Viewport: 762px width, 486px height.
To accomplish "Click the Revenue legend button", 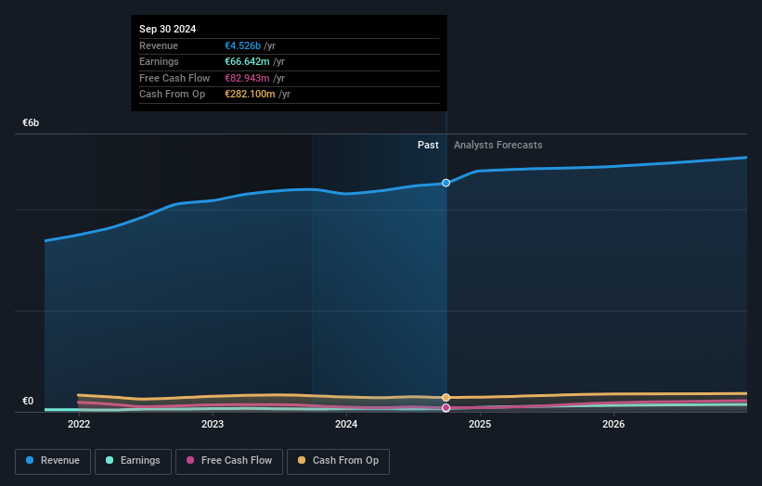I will click(x=53, y=460).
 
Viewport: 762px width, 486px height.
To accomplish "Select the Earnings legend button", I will click(x=133, y=460).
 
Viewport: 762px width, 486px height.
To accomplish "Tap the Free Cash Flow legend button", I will click(x=228, y=460).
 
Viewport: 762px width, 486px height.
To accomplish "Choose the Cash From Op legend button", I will click(x=338, y=460).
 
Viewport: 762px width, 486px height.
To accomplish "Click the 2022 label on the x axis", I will click(x=79, y=425).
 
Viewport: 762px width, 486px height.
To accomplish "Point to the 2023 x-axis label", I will click(x=213, y=425).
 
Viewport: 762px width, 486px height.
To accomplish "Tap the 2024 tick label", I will click(x=346, y=425).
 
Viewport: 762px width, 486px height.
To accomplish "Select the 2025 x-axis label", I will click(x=480, y=425).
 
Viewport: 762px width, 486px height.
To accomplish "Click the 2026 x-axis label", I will click(x=613, y=425).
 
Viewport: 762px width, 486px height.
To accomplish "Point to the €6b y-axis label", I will click(x=31, y=123).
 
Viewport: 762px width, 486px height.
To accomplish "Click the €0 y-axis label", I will click(x=28, y=401).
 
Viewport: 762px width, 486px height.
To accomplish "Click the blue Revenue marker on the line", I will click(x=446, y=183).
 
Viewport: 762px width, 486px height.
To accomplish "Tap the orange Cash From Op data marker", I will click(x=446, y=397).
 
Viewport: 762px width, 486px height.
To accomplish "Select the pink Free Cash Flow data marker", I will click(x=446, y=407).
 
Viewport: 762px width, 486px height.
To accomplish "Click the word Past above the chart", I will click(x=428, y=145).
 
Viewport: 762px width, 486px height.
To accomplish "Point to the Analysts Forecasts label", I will click(x=497, y=145).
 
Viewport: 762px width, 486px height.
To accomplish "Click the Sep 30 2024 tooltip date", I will click(x=168, y=30).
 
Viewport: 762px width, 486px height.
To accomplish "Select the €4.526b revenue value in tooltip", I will click(x=243, y=45).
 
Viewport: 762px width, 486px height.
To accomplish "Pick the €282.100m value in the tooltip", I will click(x=250, y=94).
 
